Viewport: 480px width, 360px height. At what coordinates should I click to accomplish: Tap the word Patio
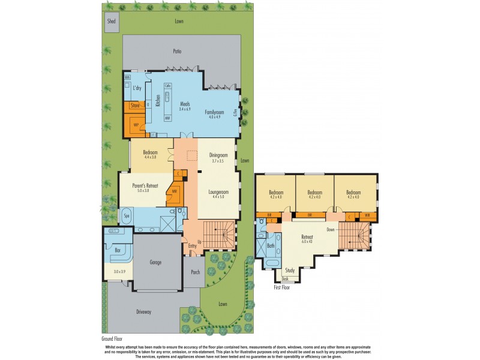point(177,52)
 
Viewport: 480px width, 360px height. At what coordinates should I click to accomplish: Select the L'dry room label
point(137,88)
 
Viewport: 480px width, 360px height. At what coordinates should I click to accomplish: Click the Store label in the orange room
point(135,106)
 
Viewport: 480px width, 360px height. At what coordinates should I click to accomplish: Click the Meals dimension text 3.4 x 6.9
point(185,109)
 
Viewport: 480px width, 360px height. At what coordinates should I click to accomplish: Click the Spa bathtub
point(127,215)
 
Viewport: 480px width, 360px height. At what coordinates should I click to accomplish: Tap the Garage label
point(155,262)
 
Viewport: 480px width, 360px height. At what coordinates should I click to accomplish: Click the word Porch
point(194,272)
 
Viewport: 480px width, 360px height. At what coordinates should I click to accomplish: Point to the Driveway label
point(143,312)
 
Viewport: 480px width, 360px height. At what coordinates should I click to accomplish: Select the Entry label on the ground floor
point(192,245)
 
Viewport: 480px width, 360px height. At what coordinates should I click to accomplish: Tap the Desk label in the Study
point(285,279)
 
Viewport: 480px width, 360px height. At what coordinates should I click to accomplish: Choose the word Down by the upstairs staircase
point(331,229)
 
